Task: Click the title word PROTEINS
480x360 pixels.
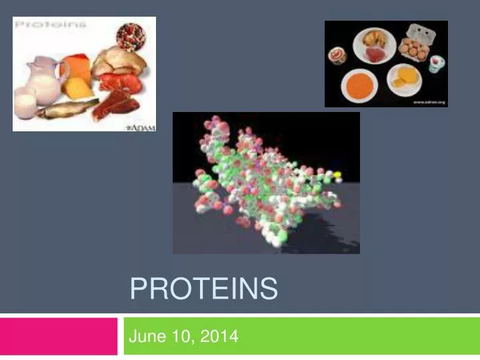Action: click(x=203, y=289)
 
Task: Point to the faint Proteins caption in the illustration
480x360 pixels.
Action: click(x=51, y=25)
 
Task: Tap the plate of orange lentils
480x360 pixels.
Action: click(x=360, y=86)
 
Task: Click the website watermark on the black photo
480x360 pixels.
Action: click(x=427, y=102)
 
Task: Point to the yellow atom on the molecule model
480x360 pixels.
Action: click(x=337, y=175)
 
